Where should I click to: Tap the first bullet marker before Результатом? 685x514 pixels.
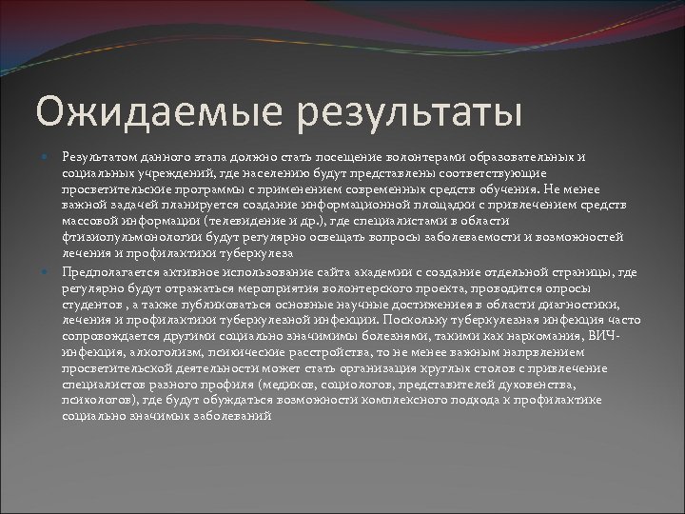pyautogui.click(x=48, y=154)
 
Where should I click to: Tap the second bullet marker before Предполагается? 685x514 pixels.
pyautogui.click(x=48, y=270)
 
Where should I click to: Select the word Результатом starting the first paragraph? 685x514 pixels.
pyautogui.click(x=94, y=154)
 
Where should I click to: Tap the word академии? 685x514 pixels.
pyautogui.click(x=354, y=270)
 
